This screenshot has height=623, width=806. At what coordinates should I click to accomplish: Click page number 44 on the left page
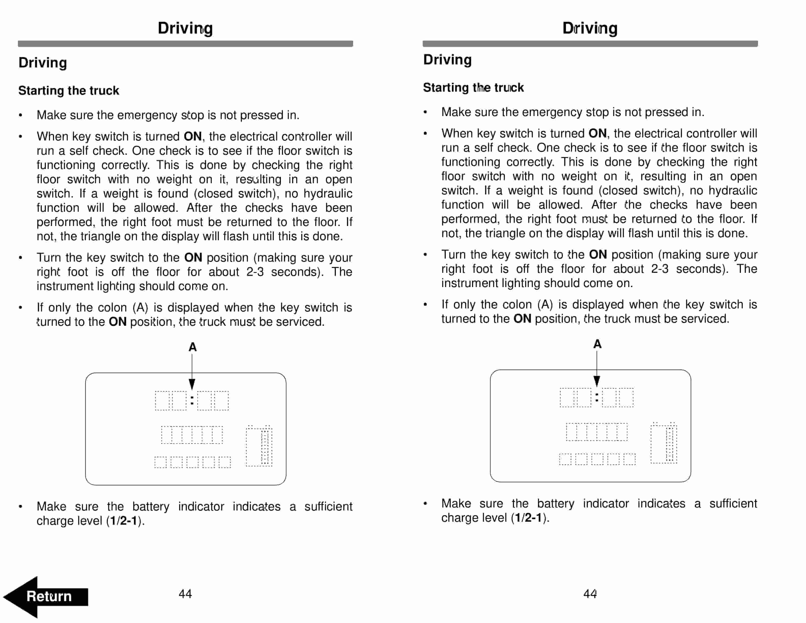[185, 594]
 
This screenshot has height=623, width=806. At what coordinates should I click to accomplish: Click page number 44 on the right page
[590, 594]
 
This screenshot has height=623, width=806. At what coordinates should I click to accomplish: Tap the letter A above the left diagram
[192, 347]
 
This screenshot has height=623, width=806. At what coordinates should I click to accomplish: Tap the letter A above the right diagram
[597, 344]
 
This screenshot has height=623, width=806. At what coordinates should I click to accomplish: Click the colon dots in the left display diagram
[192, 401]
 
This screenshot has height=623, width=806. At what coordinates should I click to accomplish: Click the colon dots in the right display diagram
[597, 398]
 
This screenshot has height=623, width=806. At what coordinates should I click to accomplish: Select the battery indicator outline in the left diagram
[259, 447]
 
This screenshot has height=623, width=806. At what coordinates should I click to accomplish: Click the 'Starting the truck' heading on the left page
[69, 90]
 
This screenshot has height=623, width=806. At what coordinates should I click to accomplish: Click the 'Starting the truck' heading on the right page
[473, 88]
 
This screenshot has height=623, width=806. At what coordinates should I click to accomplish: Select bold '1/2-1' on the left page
[124, 521]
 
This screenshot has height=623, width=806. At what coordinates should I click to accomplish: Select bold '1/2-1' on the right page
[528, 518]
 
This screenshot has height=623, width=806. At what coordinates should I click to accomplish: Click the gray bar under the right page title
[590, 44]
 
